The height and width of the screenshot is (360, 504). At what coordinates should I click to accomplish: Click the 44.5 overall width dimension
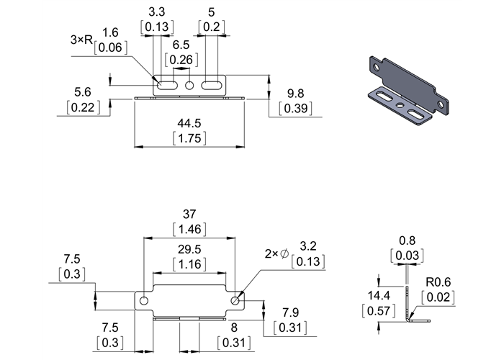pyautogui.click(x=189, y=122)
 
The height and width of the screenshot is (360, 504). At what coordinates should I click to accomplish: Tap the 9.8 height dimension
pyautogui.click(x=294, y=93)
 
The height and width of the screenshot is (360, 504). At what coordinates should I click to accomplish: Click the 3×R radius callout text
pyautogui.click(x=82, y=41)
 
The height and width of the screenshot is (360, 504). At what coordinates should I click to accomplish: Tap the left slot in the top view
pyautogui.click(x=166, y=86)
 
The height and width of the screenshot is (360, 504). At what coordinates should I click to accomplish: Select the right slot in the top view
pyautogui.click(x=212, y=86)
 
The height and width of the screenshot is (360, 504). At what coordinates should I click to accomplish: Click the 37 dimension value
pyautogui.click(x=189, y=214)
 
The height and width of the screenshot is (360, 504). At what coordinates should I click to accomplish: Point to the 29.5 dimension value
pyautogui.click(x=189, y=248)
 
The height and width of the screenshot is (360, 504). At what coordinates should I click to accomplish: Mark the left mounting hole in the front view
pyautogui.click(x=145, y=300)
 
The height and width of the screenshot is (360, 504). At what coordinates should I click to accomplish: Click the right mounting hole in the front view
pyautogui.click(x=235, y=300)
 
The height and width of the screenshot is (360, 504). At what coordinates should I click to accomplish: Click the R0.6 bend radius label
pyautogui.click(x=438, y=282)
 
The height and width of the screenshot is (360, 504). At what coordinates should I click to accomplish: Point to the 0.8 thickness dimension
pyautogui.click(x=407, y=240)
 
